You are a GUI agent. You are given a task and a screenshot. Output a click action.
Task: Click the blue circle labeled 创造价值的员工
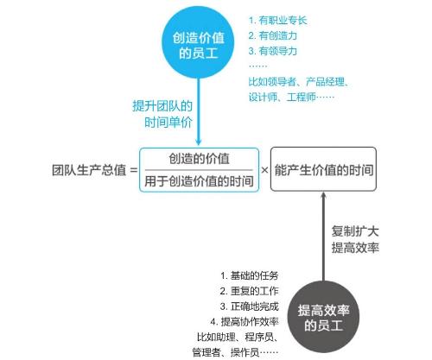point(198,42)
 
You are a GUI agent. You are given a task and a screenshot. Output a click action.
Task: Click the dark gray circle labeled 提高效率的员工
point(323,317)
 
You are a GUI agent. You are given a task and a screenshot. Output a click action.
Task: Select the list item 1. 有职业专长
point(278,21)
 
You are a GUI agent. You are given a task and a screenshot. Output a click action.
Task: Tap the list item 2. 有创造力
point(273,35)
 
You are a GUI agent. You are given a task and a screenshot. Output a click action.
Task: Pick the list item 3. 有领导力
point(273,51)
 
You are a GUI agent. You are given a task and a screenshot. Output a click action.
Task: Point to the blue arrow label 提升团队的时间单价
point(162,114)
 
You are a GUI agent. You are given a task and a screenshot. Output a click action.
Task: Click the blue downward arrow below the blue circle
point(198,112)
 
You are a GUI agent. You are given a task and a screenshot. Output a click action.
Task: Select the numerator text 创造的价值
point(199,159)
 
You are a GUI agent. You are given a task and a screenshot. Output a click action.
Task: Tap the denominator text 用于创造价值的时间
point(199,181)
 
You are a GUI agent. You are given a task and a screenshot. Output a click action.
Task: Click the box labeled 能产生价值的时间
point(323,169)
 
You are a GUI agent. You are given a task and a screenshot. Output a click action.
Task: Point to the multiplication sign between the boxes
point(264,170)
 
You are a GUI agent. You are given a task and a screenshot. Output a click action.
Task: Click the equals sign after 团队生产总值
point(134,170)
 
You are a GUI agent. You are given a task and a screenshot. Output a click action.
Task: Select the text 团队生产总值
point(89,170)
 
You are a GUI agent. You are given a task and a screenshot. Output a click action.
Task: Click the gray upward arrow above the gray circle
point(323,237)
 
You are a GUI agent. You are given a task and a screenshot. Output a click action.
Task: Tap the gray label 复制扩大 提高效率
point(355,239)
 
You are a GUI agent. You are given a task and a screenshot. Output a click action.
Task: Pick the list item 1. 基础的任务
point(250,275)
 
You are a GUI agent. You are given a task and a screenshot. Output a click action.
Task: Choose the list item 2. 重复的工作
point(250,291)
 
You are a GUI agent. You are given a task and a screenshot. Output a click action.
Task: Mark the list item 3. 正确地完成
point(250,306)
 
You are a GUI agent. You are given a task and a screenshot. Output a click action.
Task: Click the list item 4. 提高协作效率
point(245,321)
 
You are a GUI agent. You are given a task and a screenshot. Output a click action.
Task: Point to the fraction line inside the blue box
point(199,170)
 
